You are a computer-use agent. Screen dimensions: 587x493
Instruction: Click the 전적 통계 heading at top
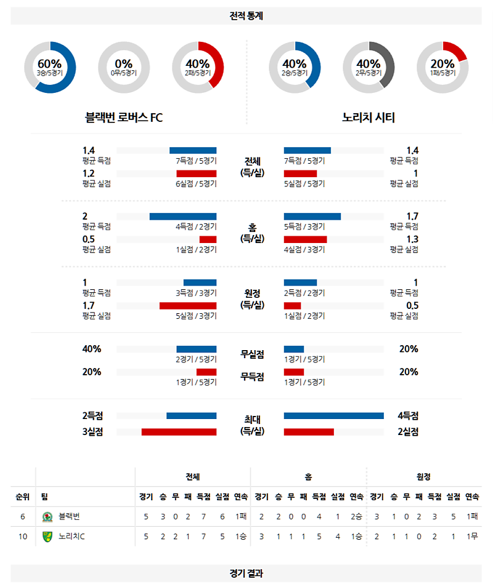pyautogui.click(x=246, y=16)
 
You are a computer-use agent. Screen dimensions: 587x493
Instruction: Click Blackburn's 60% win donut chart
pyautogui.click(x=50, y=67)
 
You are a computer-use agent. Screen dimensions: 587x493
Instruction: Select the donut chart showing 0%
pyautogui.click(x=124, y=67)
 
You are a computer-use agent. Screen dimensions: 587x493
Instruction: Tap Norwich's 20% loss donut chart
pyautogui.click(x=442, y=67)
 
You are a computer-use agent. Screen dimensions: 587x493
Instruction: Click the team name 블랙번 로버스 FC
pyautogui.click(x=124, y=117)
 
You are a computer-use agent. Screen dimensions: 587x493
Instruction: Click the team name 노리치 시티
pyautogui.click(x=369, y=117)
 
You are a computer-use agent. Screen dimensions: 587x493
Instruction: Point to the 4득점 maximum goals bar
pyautogui.click(x=333, y=416)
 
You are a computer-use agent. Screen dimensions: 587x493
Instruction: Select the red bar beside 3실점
pyautogui.click(x=179, y=432)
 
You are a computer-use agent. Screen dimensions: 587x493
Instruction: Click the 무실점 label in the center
pyautogui.click(x=252, y=354)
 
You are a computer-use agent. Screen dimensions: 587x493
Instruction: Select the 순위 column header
pyautogui.click(x=23, y=497)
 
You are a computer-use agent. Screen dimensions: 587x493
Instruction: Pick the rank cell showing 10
pyautogui.click(x=23, y=537)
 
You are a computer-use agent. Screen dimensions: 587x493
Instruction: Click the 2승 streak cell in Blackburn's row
pyautogui.click(x=356, y=517)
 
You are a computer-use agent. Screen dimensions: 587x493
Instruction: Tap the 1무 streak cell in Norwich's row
pyautogui.click(x=472, y=537)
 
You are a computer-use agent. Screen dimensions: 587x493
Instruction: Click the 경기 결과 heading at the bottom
pyautogui.click(x=246, y=573)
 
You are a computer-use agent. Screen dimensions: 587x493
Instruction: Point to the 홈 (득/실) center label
pyautogui.click(x=252, y=233)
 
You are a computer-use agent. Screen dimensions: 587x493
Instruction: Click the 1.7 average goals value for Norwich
pyautogui.click(x=412, y=216)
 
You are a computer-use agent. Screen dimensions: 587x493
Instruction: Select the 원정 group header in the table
pyautogui.click(x=423, y=476)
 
